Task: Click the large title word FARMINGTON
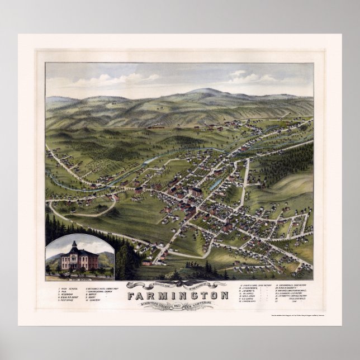pos(177,295)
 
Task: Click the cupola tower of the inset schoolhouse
pos(73,245)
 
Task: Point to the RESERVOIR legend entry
pos(68,295)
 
